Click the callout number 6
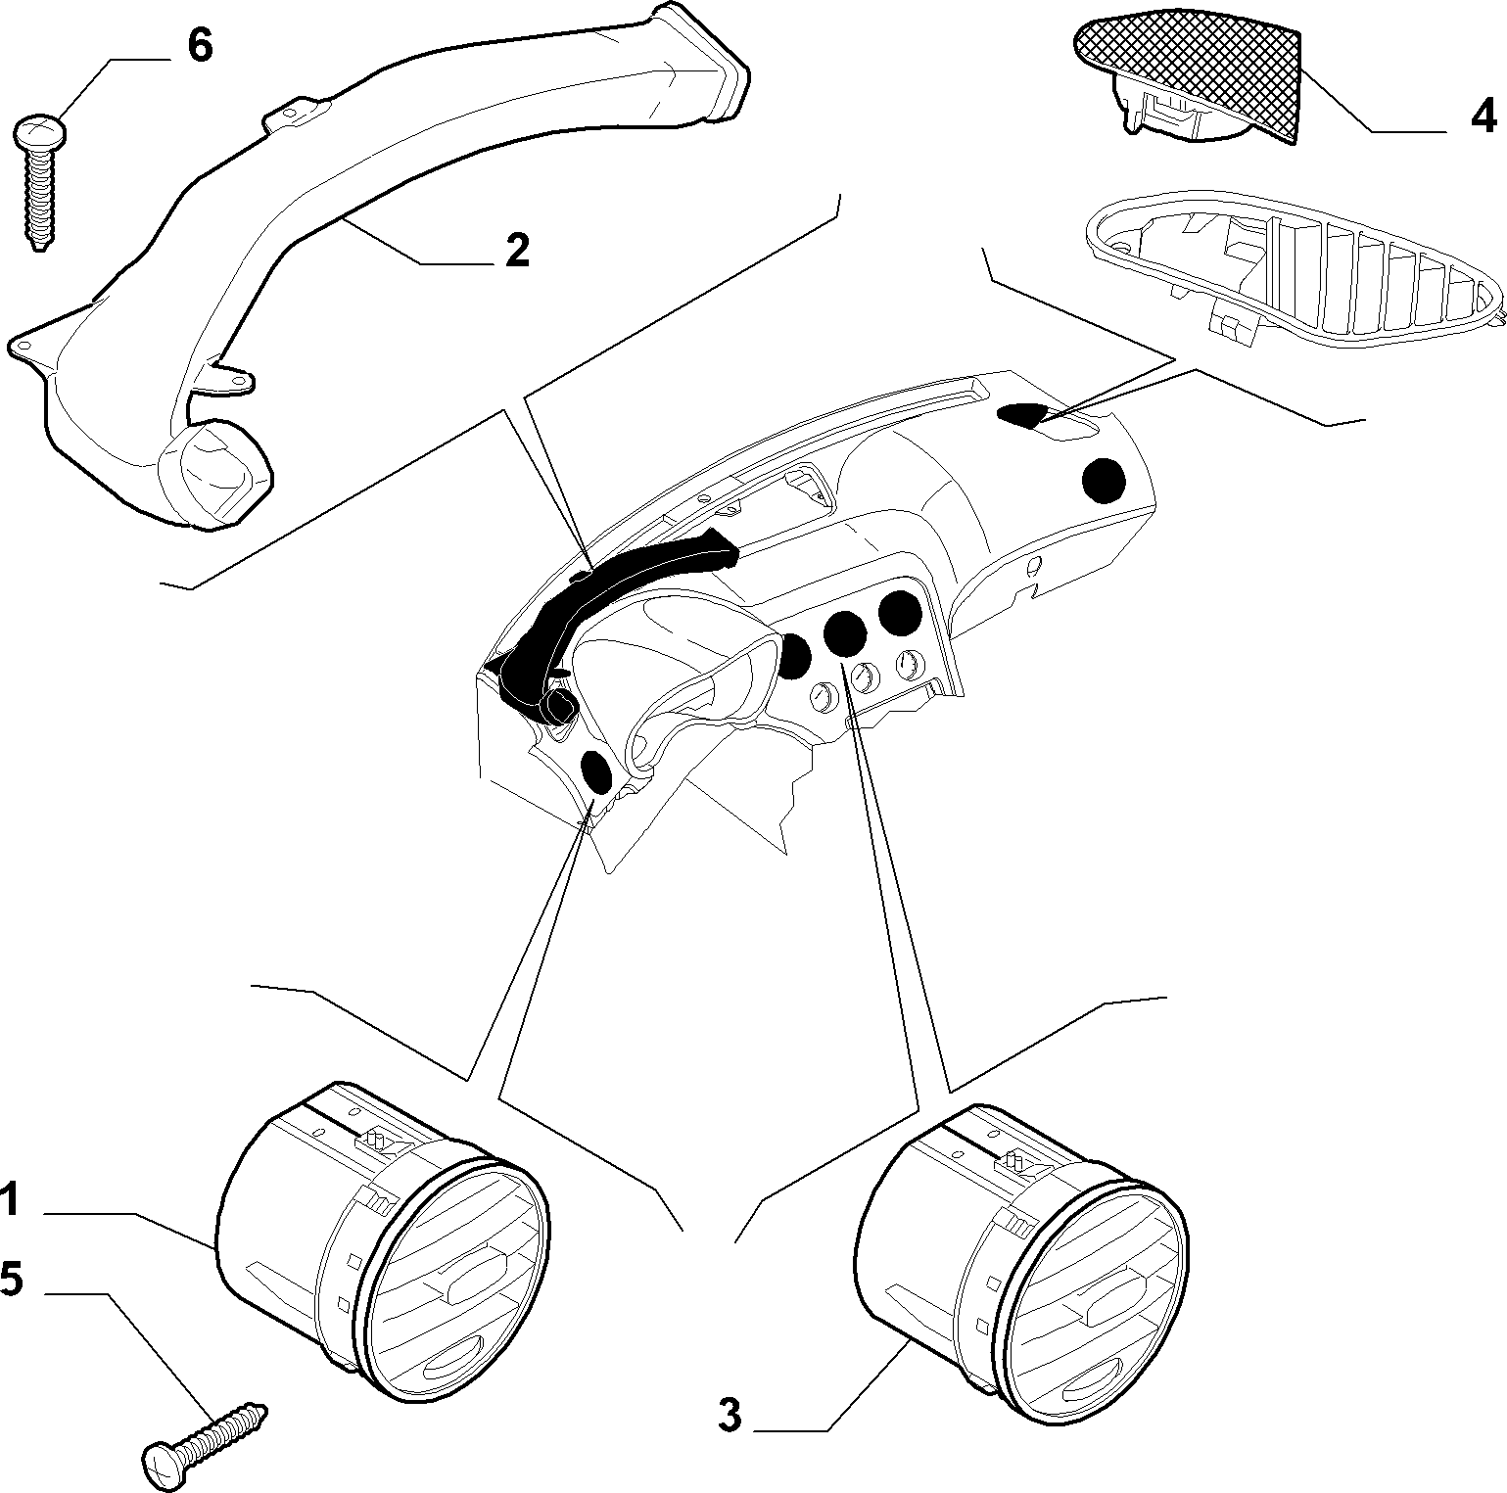click(x=199, y=46)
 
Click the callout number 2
click(x=517, y=251)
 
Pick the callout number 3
click(x=730, y=1416)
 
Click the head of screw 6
click(x=40, y=130)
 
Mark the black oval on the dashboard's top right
click(x=1022, y=415)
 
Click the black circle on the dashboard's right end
click(x=1105, y=480)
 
